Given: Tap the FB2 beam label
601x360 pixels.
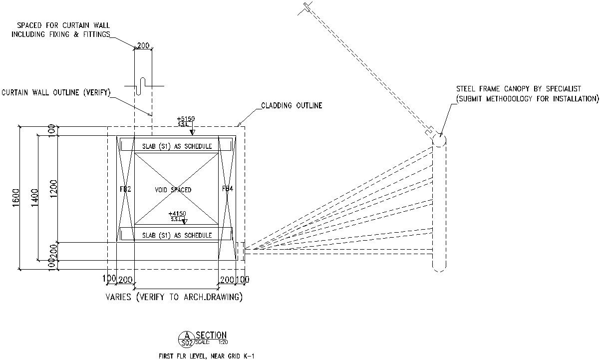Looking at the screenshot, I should click(125, 189).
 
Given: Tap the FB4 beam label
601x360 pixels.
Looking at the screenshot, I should click(227, 189).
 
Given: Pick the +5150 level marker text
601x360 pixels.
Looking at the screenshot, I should click(186, 119).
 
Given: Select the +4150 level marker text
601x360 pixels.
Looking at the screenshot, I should click(177, 213).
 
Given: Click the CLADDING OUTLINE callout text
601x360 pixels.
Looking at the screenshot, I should click(292, 106).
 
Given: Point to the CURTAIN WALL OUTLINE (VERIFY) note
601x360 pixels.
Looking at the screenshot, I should click(55, 93).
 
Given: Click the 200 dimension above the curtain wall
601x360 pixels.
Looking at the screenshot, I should click(143, 46).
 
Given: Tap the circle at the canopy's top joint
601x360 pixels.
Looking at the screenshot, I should click(438, 140).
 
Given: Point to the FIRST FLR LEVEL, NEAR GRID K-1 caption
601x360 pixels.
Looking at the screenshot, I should click(206, 356).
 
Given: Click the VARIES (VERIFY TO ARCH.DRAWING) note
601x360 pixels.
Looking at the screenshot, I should click(174, 297).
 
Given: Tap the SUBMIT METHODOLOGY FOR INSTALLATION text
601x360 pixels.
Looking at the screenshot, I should click(527, 99).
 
